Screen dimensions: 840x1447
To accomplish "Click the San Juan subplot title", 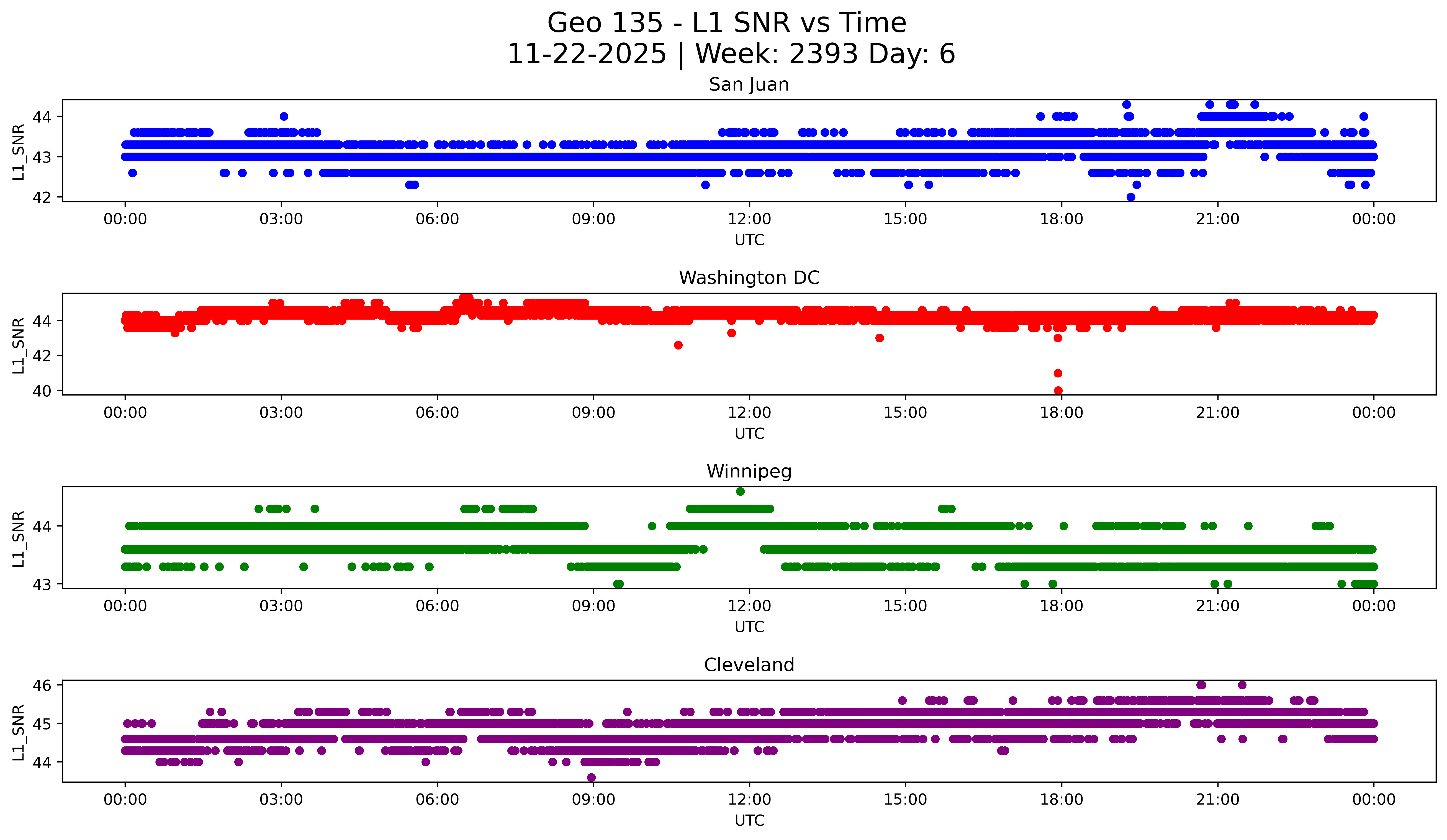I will tap(749, 84).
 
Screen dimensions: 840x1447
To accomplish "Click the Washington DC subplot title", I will tap(749, 278).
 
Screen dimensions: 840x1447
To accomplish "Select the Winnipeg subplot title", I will tap(749, 471).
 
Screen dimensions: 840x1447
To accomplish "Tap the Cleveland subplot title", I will tap(749, 665).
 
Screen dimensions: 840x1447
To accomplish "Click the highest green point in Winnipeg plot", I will tap(740, 492).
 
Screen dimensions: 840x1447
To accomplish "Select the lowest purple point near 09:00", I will tap(592, 777).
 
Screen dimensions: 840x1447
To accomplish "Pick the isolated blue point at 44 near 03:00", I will tap(284, 117).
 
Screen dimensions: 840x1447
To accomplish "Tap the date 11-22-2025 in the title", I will tap(586, 54).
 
